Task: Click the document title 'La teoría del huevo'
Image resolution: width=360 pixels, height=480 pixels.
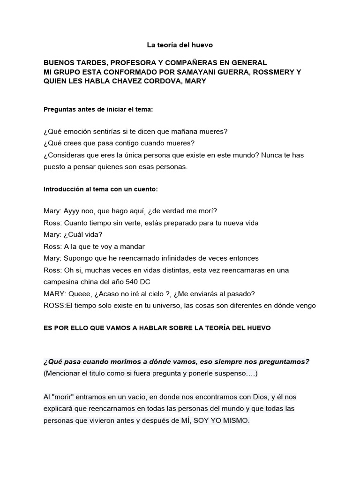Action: coord(180,45)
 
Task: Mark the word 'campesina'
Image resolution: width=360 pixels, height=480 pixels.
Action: coord(62,282)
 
